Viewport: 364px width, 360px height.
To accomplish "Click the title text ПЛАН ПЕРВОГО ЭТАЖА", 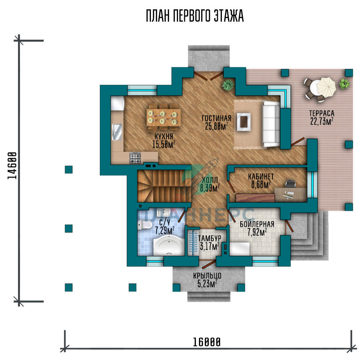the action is coord(195,16).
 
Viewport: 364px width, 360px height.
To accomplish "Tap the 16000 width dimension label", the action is coord(207,342).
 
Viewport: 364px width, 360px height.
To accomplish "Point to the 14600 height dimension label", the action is coord(12,166).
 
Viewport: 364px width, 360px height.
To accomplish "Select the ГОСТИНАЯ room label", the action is coord(216,118).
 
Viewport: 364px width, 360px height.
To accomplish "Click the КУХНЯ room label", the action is coord(164,136).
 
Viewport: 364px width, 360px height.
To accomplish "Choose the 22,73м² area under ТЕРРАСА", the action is coord(322,121).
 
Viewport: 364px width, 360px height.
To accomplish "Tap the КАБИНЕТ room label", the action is coord(261,176).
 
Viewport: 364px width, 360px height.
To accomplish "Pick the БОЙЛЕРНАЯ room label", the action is coord(257,224).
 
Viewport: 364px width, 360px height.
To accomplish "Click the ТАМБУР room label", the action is coord(209,239).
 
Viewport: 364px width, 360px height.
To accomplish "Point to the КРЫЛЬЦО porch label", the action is coord(207,275).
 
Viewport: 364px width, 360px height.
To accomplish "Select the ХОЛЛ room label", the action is coord(210,180).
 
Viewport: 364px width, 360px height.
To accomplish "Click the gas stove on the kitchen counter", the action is coord(135,158).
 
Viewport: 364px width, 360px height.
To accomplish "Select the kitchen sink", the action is coord(117,132).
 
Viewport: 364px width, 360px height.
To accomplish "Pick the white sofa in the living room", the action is coord(271,124).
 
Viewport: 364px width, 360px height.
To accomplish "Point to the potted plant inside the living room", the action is coord(228,85).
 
